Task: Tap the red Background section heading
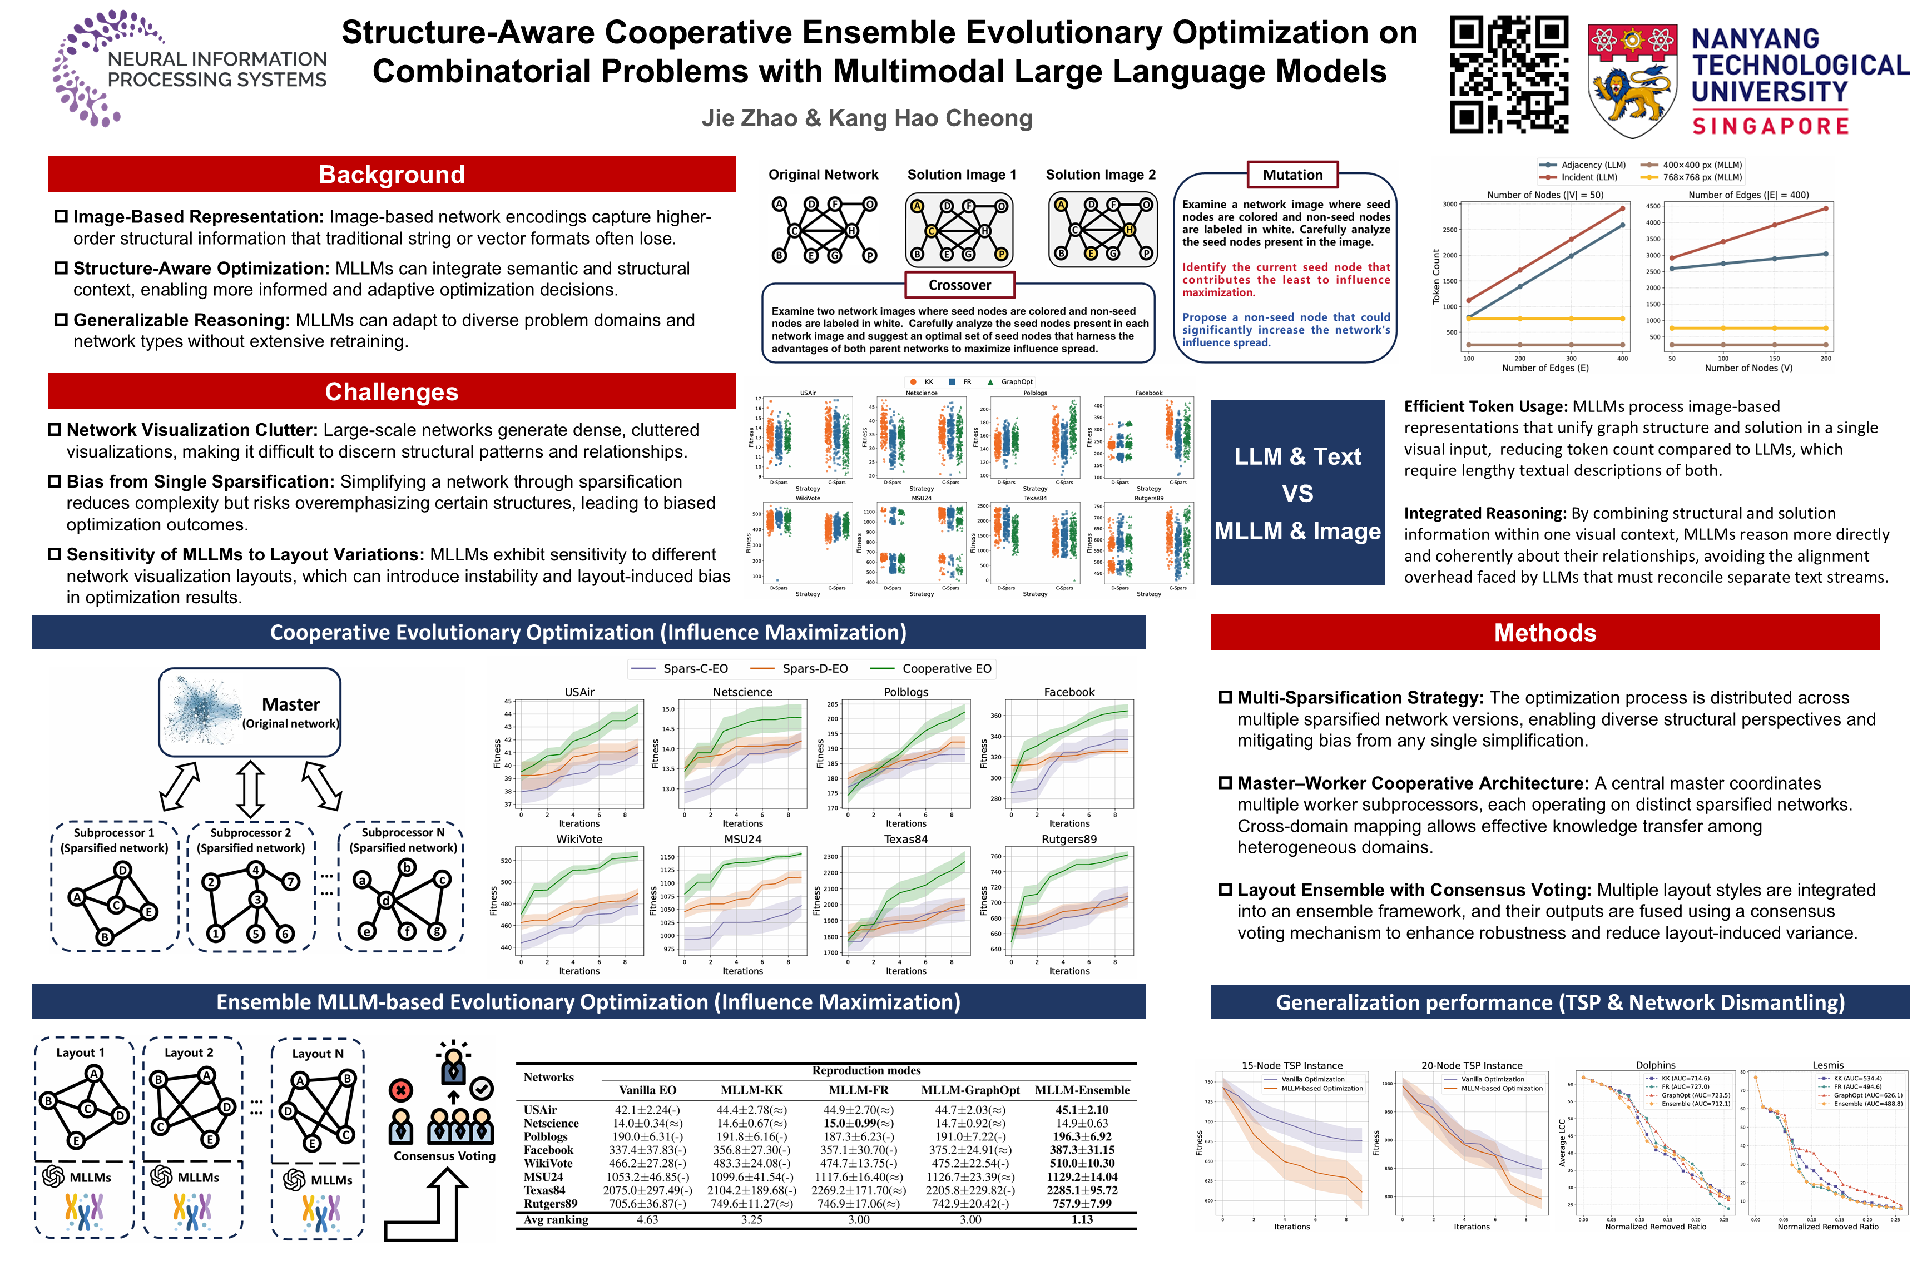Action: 392,174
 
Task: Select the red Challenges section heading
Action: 392,391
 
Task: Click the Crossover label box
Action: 959,285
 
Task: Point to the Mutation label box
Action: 1292,175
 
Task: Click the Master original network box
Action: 249,712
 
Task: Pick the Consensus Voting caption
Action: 444,1156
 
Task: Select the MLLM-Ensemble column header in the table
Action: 1082,1090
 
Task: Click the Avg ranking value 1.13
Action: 1082,1220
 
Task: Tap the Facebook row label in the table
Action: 548,1149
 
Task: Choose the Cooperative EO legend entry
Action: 947,668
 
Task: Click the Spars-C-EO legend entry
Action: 695,668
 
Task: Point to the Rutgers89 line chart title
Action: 1069,839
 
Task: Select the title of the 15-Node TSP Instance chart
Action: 1292,1065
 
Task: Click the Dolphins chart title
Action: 1656,1065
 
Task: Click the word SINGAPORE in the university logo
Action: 1770,126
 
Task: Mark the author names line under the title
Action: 867,118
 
